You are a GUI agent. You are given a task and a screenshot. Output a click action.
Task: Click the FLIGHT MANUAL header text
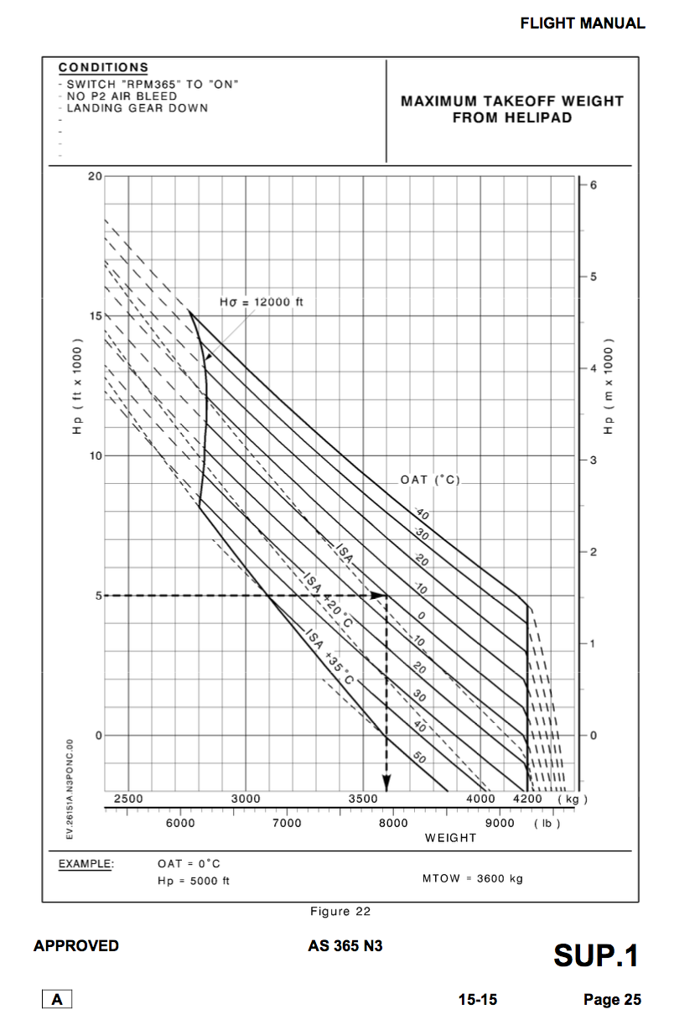[583, 23]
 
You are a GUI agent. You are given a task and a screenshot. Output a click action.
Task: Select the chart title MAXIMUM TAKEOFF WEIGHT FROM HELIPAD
[512, 109]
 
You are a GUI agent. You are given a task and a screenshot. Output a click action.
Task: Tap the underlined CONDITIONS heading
[103, 67]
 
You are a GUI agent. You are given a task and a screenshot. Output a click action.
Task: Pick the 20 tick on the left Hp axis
[94, 177]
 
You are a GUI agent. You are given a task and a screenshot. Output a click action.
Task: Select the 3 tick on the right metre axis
[593, 460]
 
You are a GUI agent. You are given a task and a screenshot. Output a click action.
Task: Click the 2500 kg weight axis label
[128, 799]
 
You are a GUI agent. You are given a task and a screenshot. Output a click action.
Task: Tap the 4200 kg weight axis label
[527, 799]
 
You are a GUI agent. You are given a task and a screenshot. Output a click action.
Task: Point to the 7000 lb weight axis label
[287, 824]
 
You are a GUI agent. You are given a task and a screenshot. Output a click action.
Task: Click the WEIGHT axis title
[450, 838]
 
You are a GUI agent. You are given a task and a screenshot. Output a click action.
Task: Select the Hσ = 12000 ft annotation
[262, 302]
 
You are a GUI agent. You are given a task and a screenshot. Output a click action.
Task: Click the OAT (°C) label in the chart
[431, 480]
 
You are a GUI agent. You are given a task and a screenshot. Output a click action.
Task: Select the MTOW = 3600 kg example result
[473, 879]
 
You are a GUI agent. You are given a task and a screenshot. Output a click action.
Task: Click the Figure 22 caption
[340, 912]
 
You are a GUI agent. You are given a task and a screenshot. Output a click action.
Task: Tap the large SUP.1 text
[596, 955]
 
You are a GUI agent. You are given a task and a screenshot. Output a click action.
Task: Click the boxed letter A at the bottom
[57, 999]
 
